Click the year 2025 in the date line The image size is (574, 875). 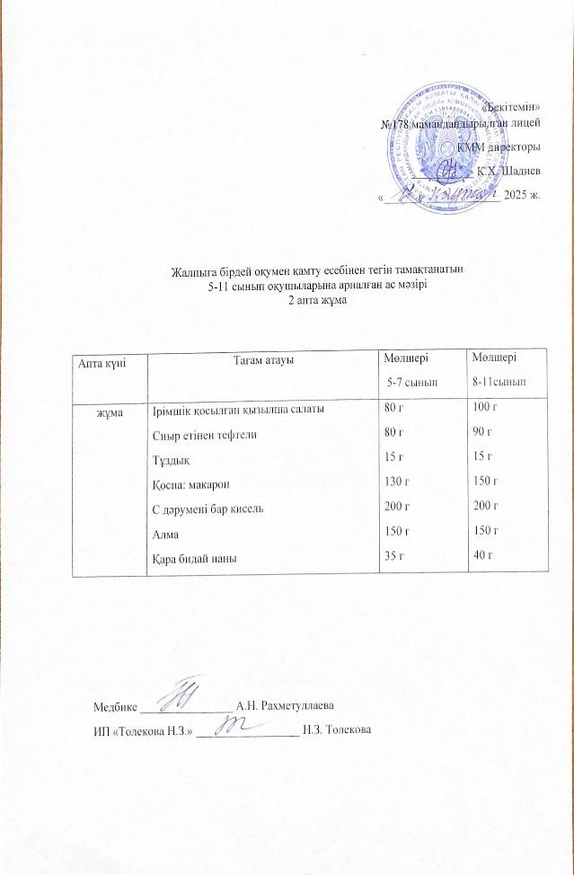[517, 194]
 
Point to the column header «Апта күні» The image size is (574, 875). [101, 361]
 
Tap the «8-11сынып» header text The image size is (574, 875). [499, 383]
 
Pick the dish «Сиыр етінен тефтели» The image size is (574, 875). [199, 436]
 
